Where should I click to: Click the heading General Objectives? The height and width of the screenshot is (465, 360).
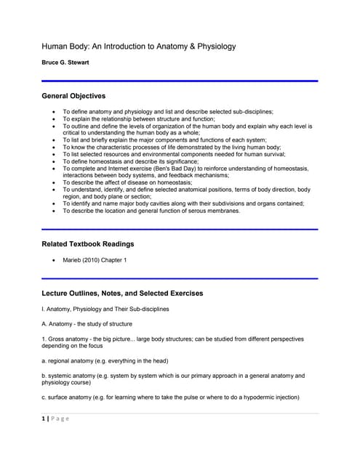point(73,95)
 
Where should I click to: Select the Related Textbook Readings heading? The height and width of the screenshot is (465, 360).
point(87,243)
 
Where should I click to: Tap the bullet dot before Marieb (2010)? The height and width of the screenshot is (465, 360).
point(55,259)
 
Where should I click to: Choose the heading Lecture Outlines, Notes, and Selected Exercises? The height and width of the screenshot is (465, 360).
point(122,293)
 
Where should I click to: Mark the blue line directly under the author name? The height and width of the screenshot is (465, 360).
point(180,81)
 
